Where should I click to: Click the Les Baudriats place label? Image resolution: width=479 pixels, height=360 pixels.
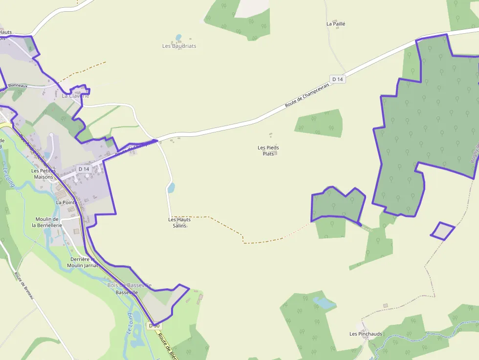179,46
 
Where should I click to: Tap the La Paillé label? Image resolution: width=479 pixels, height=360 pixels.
336,23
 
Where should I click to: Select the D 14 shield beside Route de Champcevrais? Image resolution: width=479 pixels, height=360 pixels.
338,79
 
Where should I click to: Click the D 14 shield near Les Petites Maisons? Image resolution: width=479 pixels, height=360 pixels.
84,169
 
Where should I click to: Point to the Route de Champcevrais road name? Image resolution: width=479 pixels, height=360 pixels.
307,94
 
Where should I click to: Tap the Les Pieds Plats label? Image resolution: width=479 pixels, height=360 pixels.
268,150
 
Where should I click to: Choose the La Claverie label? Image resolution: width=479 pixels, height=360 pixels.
75,96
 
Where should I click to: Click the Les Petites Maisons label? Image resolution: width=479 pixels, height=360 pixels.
43,174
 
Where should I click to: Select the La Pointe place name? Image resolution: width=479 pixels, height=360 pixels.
65,202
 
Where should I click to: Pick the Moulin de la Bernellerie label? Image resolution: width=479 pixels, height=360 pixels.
47,222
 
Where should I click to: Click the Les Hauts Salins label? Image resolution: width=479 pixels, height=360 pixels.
179,222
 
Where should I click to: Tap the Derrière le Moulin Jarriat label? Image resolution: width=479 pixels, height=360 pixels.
84,262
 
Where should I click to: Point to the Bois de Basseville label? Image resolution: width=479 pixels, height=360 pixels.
129,285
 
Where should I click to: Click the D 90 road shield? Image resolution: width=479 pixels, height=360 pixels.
154,325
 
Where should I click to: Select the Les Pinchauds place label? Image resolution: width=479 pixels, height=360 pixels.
366,334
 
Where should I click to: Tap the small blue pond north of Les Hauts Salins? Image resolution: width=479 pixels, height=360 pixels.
171,188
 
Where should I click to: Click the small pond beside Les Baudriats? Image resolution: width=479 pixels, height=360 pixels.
178,37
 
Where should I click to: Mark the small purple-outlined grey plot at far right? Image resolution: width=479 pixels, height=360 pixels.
443,231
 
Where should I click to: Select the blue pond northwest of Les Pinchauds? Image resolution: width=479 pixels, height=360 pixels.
324,303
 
